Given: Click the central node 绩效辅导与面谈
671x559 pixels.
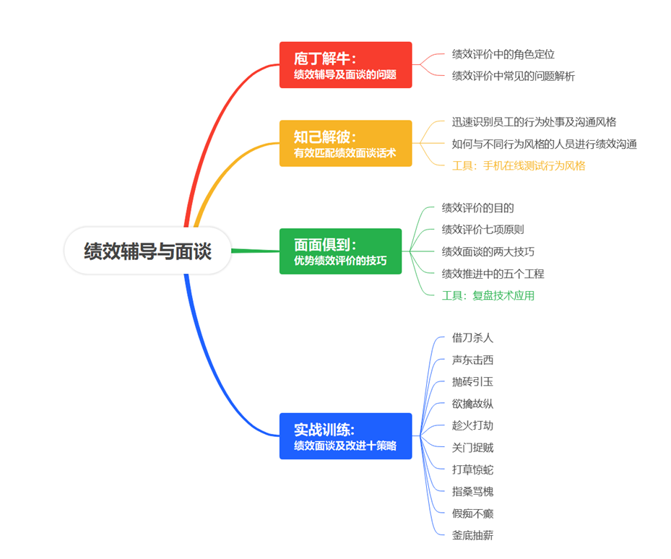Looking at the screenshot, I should click(147, 251).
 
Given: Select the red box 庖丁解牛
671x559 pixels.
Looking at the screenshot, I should click(345, 65).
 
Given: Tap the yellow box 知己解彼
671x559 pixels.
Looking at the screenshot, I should click(345, 143).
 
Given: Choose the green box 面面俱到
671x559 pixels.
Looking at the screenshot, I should click(345, 251).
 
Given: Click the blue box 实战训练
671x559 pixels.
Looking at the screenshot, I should click(345, 435).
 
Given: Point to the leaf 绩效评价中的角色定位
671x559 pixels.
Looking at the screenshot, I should click(503, 54).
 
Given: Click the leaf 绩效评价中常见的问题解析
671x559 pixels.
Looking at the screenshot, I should click(513, 76).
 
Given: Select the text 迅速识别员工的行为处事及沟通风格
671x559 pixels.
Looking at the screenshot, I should click(534, 122).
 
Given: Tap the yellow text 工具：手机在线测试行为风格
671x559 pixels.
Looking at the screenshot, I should click(519, 165).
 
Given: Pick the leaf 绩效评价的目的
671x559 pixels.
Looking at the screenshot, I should click(477, 208).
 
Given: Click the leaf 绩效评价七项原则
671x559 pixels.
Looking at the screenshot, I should click(482, 230).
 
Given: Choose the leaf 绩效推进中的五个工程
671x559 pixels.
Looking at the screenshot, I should click(493, 274).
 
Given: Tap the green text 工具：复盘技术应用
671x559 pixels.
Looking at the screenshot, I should click(488, 295).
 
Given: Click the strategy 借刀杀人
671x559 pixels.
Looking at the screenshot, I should click(472, 337).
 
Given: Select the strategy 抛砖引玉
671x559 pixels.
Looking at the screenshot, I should click(472, 381).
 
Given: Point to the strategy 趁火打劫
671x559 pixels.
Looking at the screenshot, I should click(472, 425).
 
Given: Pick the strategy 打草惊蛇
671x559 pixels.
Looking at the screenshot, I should click(472, 469).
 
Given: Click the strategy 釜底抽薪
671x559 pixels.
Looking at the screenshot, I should click(472, 535).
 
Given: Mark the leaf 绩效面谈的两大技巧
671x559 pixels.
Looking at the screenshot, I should click(488, 251).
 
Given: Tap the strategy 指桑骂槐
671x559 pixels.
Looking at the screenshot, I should click(472, 491).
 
